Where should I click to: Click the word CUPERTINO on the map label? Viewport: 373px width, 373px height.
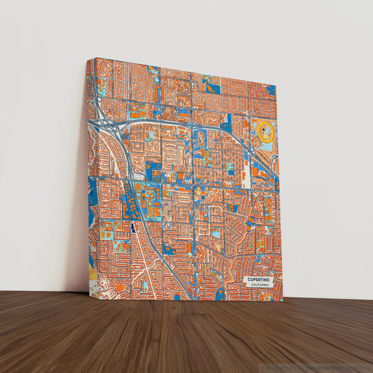tap(260, 279)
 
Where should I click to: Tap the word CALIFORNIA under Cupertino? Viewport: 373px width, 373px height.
tap(260, 285)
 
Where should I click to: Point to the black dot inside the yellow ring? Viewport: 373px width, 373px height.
tap(266, 130)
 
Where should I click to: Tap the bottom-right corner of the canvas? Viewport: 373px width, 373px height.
tap(283, 300)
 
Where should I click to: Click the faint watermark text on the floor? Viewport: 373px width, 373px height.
tap(318, 367)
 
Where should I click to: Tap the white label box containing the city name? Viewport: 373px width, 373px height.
tap(260, 281)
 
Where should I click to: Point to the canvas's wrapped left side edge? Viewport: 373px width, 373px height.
tap(88, 175)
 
